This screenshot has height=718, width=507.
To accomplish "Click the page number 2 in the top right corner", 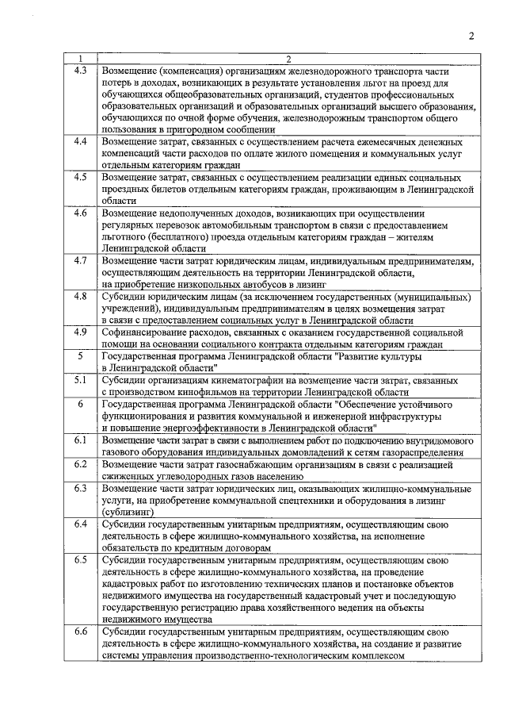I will [471, 36].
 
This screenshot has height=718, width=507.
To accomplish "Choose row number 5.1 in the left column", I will [80, 381].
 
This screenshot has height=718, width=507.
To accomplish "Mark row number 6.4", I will [80, 524].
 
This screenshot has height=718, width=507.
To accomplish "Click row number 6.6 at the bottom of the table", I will [80, 632].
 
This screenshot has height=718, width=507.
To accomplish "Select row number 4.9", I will [80, 333].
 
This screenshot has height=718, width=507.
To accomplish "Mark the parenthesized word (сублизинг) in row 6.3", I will [128, 513].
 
